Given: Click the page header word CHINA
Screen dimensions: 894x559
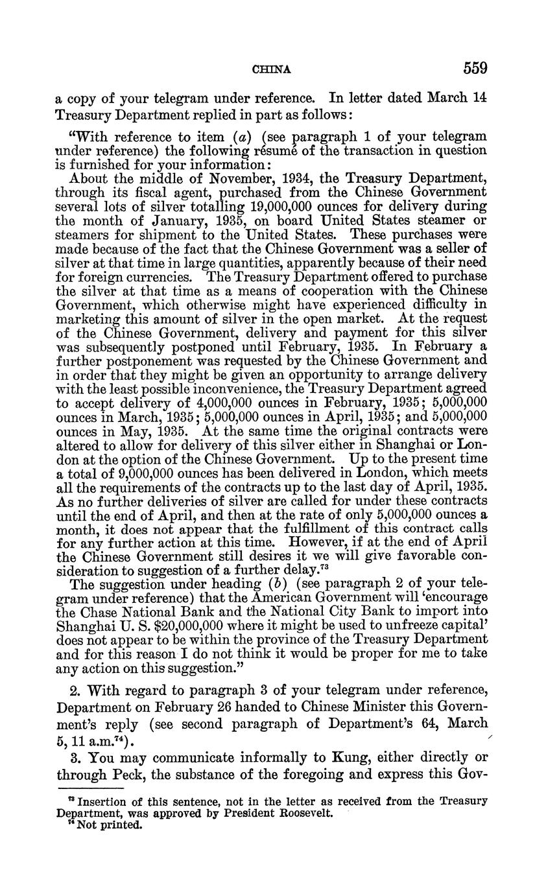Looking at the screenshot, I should click(x=271, y=69).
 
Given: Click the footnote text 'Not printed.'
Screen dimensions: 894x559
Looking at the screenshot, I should click(x=109, y=825).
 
